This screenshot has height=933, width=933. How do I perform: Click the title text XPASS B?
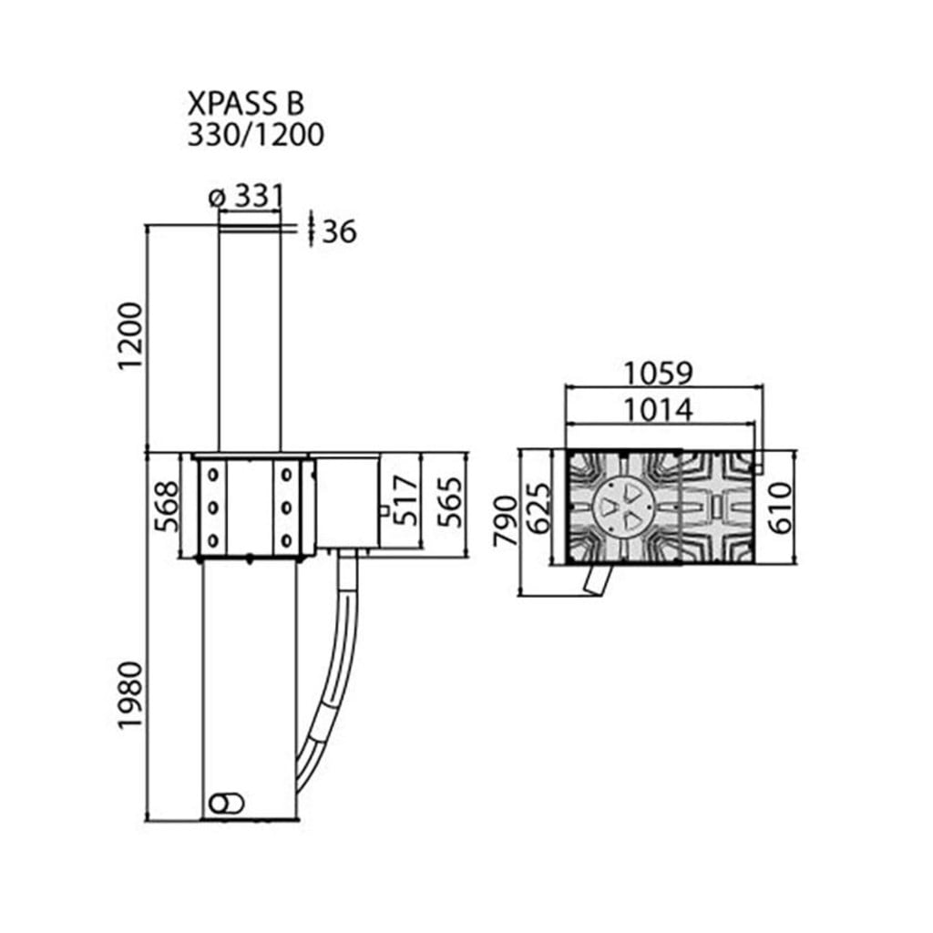coord(246,103)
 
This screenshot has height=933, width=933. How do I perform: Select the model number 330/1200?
coord(256,135)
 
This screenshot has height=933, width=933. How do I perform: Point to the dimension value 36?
coord(339,231)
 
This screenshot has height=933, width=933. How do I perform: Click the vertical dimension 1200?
coord(130,336)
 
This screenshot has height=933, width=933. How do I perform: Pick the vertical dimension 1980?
coord(130,695)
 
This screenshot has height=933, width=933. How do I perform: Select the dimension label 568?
coord(166,507)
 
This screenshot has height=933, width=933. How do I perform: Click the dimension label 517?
coord(407,500)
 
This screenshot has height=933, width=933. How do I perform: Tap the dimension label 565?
coord(449,502)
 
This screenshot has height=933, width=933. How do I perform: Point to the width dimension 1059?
coord(658,374)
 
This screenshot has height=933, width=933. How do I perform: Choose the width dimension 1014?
coord(658,410)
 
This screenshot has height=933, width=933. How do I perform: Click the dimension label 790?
coord(506,520)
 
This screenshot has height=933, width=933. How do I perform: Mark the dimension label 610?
coord(780,507)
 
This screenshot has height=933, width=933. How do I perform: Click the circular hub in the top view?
coord(624,506)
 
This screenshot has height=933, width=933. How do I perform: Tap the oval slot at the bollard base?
coord(227,803)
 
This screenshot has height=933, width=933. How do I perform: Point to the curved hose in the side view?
coord(331,672)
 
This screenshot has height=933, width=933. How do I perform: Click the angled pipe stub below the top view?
coord(598,579)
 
